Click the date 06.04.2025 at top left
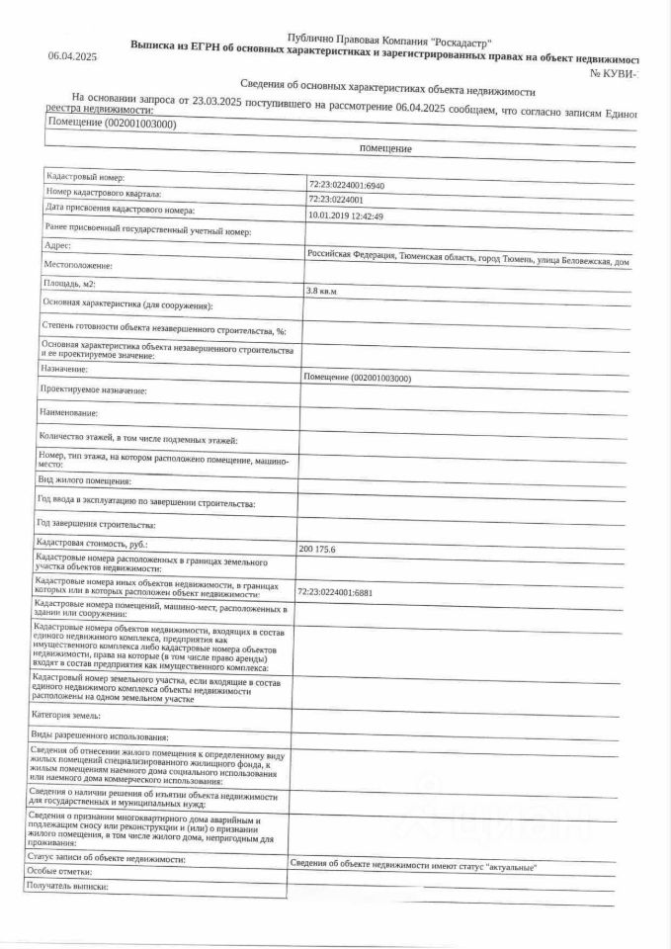tap(72, 56)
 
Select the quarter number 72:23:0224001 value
tap(336, 200)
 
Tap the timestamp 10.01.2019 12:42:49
tap(346, 216)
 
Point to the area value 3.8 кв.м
tap(322, 293)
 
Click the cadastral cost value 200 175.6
tap(317, 549)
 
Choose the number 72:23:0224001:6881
tap(334, 591)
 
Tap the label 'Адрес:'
tap(58, 244)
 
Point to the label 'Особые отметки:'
tap(59, 872)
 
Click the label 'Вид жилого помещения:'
tap(85, 480)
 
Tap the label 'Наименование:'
tap(69, 411)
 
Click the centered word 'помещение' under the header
tap(385, 148)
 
